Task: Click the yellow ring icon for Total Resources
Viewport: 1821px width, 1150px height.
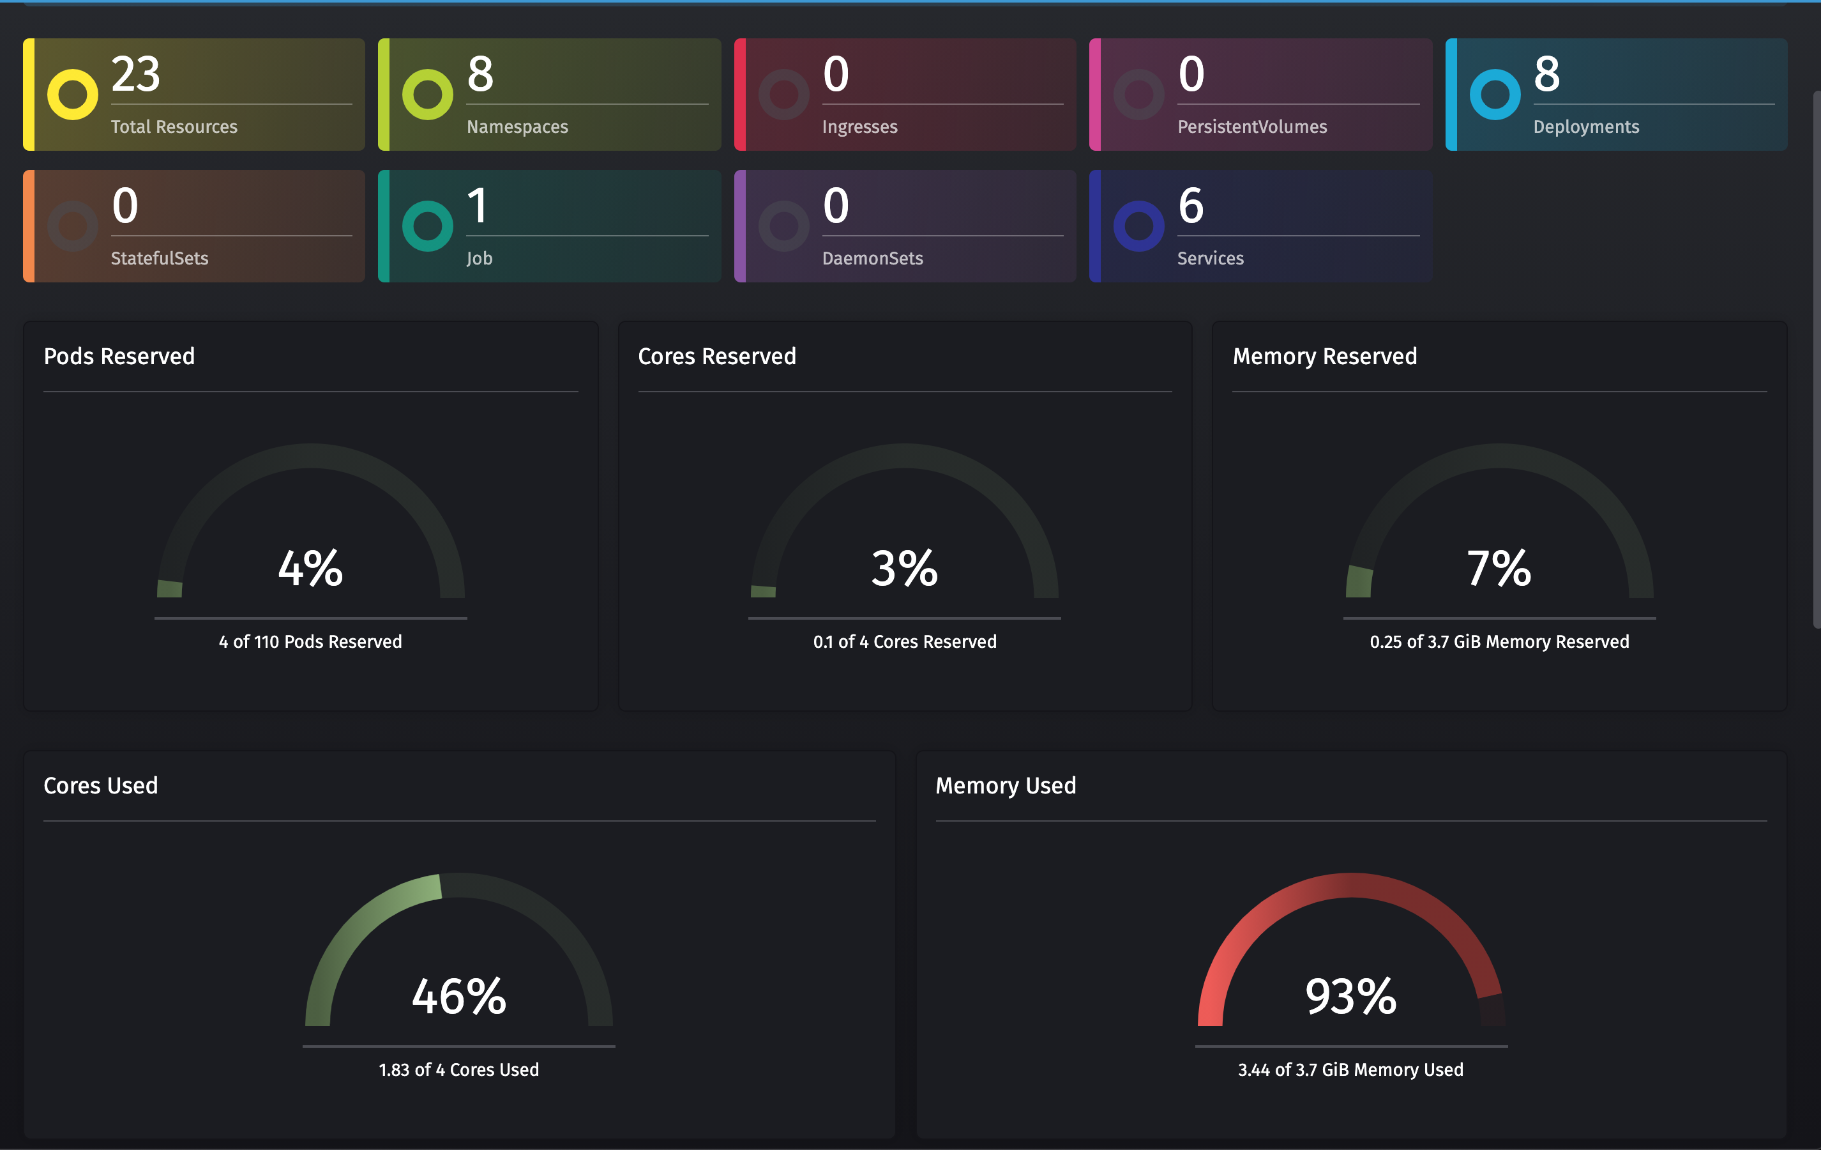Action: (x=73, y=95)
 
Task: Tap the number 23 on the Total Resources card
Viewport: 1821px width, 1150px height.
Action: (x=136, y=74)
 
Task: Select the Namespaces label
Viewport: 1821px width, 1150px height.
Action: (x=517, y=127)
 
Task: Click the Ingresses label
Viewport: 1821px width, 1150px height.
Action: (x=860, y=127)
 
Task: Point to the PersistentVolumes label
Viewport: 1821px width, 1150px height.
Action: (x=1252, y=127)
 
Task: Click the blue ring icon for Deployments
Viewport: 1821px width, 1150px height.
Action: (x=1495, y=95)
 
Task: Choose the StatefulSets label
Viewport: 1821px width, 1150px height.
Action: (x=160, y=259)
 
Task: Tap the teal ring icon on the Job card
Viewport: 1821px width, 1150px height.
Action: (x=428, y=226)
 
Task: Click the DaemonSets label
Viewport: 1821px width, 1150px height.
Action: (x=873, y=259)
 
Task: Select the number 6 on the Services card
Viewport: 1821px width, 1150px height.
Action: (x=1191, y=206)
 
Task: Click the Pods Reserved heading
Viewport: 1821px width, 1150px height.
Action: (x=119, y=356)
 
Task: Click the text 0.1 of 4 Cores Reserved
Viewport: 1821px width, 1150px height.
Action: (x=905, y=641)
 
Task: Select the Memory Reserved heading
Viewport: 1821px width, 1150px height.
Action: (x=1325, y=356)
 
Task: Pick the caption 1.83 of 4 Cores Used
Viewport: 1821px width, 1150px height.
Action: (x=459, y=1069)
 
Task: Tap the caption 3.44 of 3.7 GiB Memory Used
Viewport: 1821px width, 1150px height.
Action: (x=1350, y=1069)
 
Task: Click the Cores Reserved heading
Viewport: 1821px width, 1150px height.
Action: (x=717, y=356)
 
